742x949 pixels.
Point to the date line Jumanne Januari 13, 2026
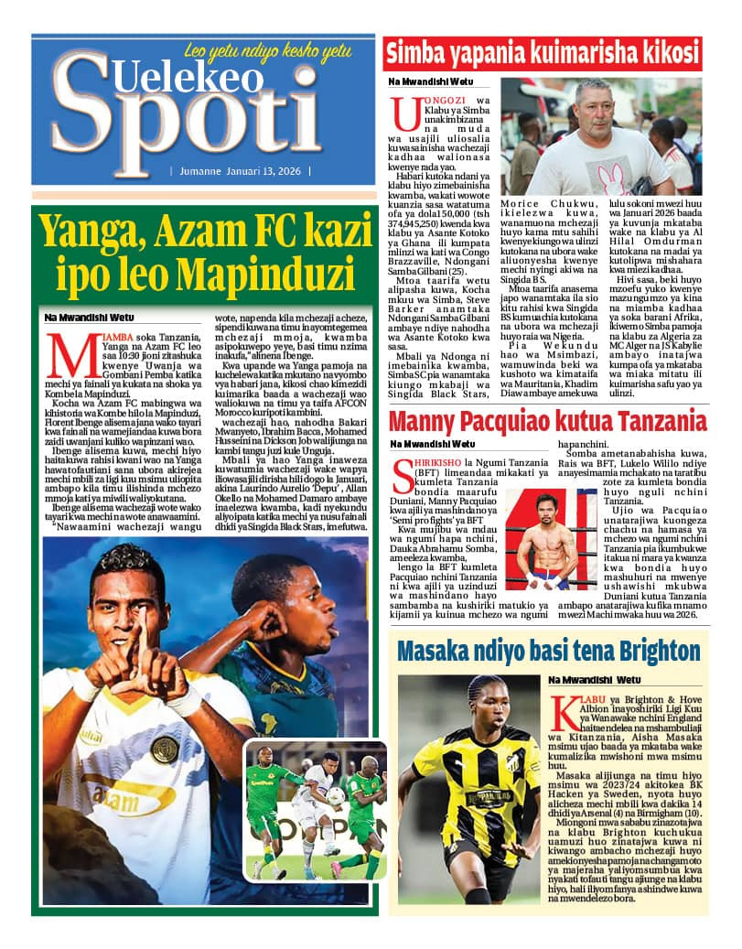240,171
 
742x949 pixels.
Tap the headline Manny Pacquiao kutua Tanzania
547,422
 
